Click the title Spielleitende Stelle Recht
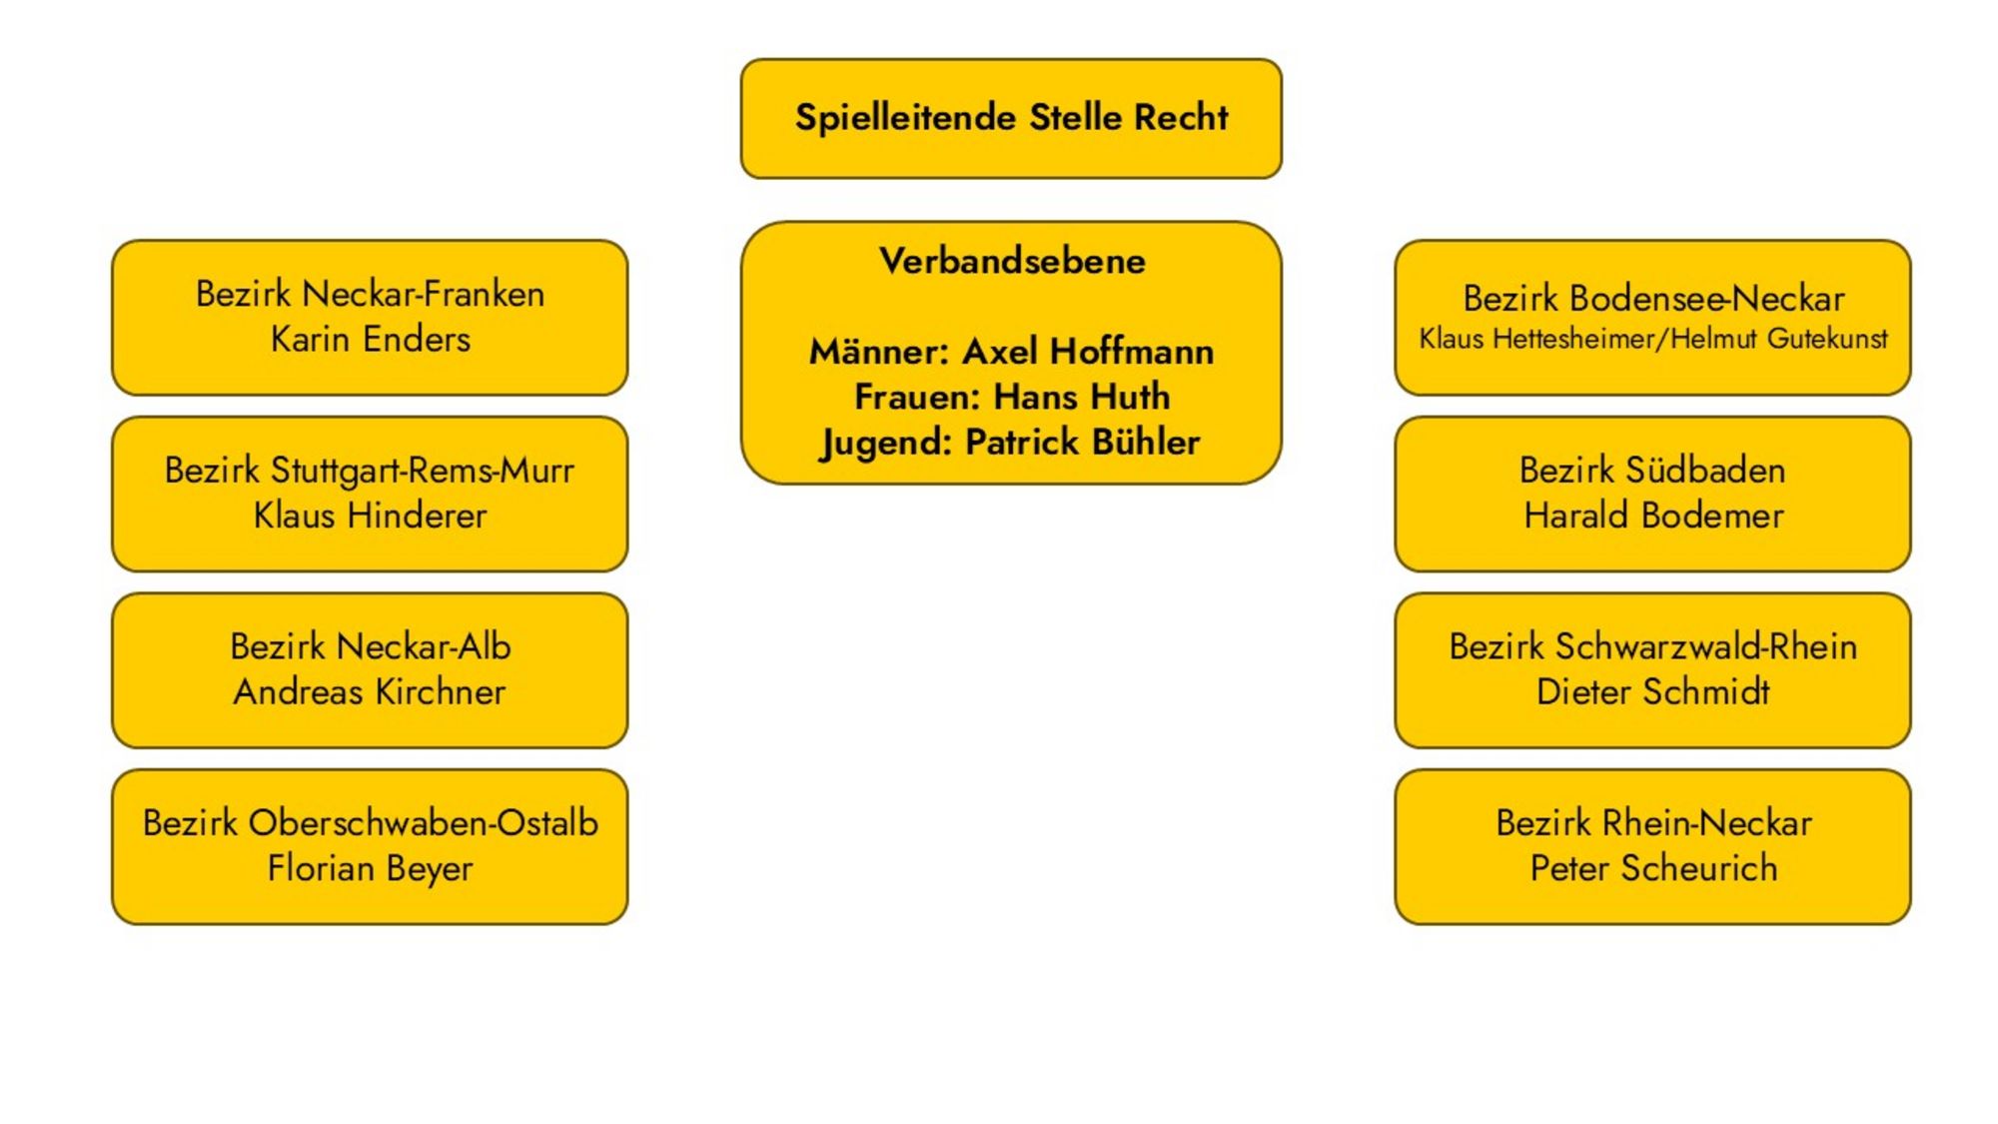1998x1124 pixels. tap(1011, 118)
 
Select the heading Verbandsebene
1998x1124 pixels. tap(1012, 262)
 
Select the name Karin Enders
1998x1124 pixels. tap(370, 340)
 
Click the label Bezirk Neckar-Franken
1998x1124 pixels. tap(370, 294)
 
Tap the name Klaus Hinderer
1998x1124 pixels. tap(370, 516)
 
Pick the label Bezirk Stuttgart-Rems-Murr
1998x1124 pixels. tap(370, 471)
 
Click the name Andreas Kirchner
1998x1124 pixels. tap(370, 691)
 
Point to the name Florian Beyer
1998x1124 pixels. tap(370, 868)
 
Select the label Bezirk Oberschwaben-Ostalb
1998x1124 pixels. tap(370, 823)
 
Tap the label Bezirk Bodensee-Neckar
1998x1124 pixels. tap(1653, 298)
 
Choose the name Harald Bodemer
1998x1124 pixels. tap(1653, 516)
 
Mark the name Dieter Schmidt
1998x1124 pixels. tap(1653, 691)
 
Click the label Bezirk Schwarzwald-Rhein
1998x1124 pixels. tap(1653, 646)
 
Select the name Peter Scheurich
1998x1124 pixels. tap(1653, 868)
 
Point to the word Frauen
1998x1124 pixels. tap(915, 397)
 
